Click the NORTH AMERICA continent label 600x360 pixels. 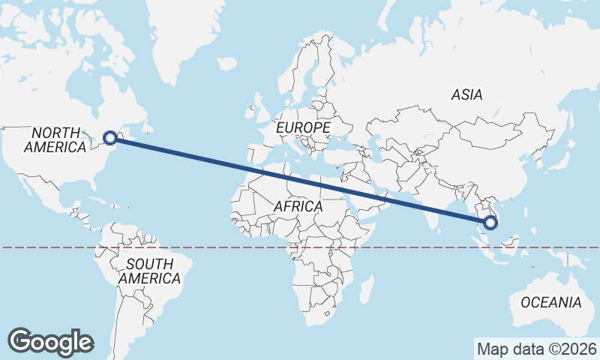(55, 140)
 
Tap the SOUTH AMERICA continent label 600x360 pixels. (149, 271)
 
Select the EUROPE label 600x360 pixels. (303, 128)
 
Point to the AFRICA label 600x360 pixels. (298, 206)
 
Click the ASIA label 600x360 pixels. (466, 95)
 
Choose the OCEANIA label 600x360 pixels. (550, 303)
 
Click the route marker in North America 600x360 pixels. (110, 137)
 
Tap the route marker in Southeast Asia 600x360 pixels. (490, 222)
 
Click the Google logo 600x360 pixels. (50, 342)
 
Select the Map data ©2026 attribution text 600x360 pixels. (537, 349)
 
